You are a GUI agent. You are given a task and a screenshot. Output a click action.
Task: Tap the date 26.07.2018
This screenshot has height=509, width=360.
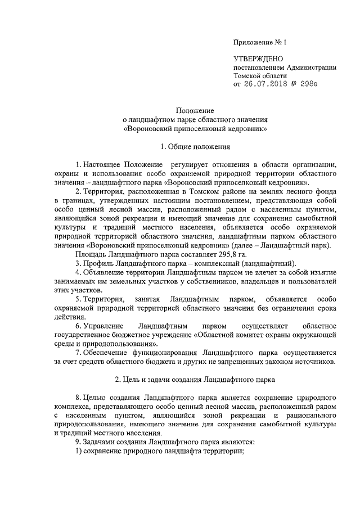pos(265,84)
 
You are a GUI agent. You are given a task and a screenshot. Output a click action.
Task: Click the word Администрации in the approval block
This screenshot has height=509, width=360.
pos(312,67)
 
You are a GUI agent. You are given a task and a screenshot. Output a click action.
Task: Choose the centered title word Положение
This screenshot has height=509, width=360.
pos(195,111)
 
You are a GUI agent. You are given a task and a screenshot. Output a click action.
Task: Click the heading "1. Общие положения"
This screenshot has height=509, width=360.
pos(195,147)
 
